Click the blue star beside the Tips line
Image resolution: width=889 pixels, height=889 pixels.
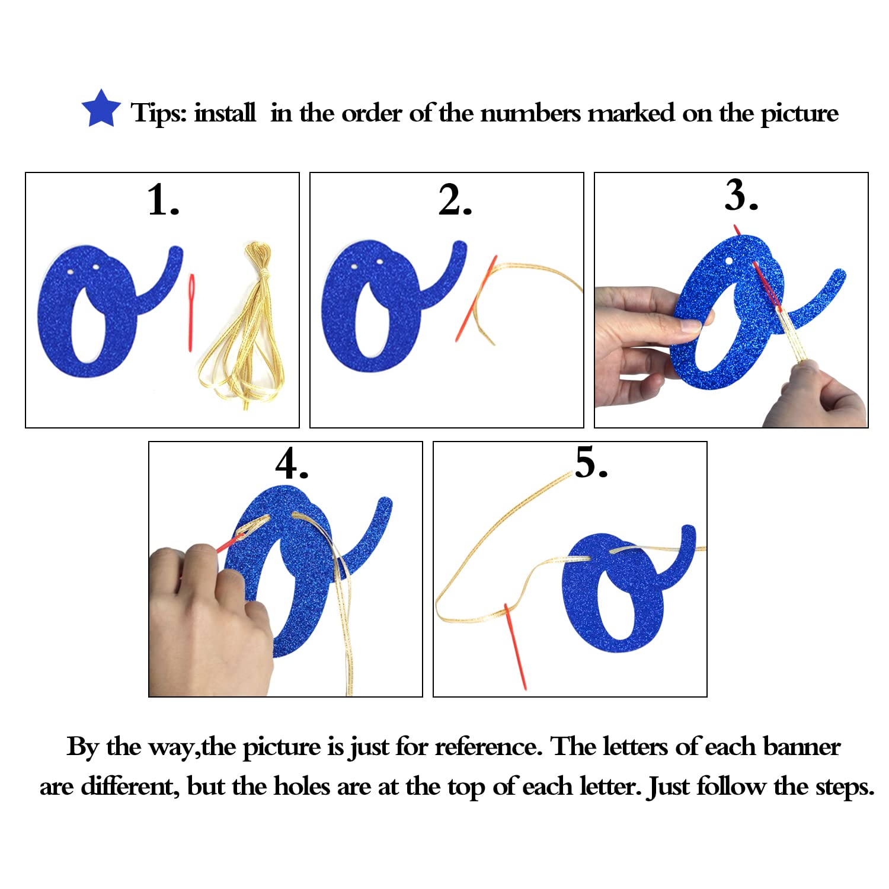click(x=101, y=109)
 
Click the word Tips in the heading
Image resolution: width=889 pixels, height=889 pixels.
click(x=159, y=113)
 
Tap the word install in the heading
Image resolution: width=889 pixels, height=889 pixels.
click(x=225, y=112)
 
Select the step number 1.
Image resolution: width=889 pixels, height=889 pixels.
click(x=163, y=200)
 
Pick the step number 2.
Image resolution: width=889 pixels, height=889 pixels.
click(x=455, y=200)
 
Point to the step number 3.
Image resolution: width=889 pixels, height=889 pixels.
click(x=741, y=195)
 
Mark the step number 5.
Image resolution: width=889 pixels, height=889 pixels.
click(x=591, y=462)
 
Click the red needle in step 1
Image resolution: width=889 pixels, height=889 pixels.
click(x=191, y=312)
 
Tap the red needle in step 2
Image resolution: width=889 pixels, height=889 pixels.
click(x=476, y=299)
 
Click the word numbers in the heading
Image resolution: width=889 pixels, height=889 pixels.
click(x=530, y=113)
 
